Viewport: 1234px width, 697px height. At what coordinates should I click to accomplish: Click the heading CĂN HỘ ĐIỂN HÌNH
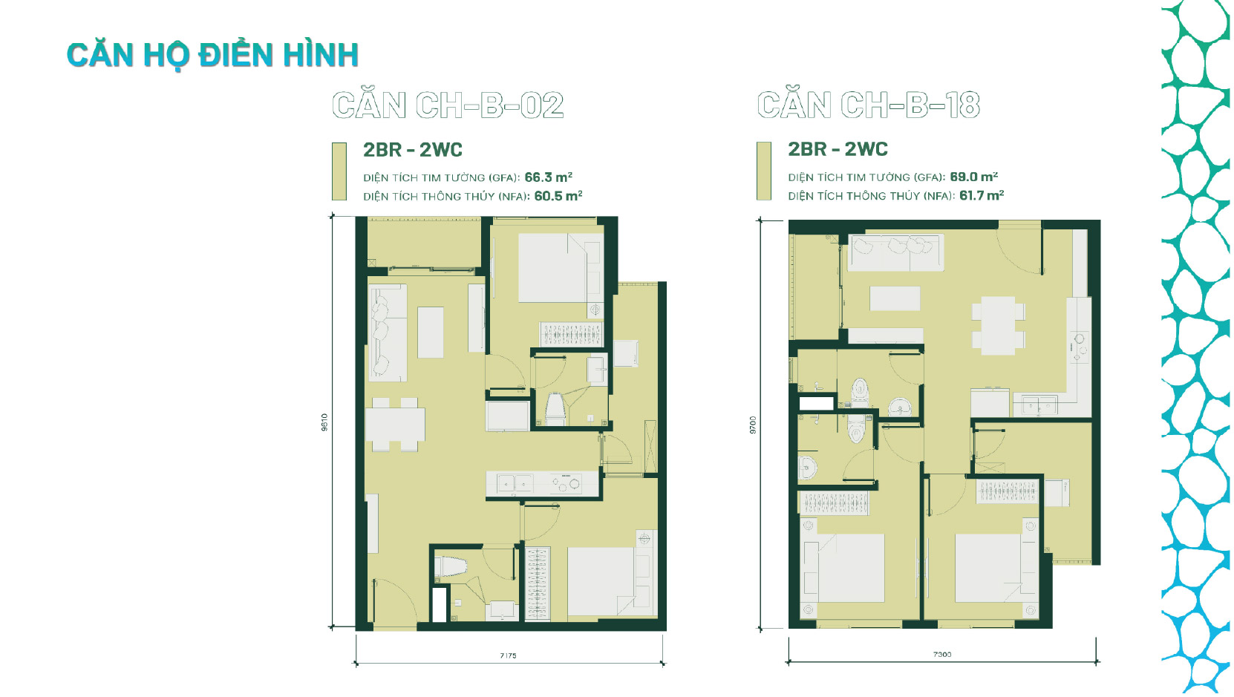coord(212,56)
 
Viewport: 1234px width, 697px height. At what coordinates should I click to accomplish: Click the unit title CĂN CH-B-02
coord(448,105)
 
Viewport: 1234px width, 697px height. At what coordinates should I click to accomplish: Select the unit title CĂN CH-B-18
coord(869,105)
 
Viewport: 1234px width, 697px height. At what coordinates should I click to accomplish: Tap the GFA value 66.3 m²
coord(548,177)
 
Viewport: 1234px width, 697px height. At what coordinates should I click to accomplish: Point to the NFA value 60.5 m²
coord(558,196)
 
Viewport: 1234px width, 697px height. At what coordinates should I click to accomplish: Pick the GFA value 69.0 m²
coord(973,177)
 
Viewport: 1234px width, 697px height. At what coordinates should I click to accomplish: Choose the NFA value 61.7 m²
coord(981,195)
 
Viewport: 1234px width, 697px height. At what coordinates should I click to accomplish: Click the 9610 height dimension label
coord(324,422)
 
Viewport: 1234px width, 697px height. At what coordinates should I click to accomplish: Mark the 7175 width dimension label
coord(508,655)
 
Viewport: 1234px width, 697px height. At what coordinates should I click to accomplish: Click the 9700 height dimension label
coord(753,425)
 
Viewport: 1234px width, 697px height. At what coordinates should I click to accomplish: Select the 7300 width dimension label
coord(942,655)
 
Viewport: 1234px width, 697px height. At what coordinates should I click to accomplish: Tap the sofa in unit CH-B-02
coord(388,333)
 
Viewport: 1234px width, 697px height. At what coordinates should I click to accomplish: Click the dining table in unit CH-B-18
coord(998,325)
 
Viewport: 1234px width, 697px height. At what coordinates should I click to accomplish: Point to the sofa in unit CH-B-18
coord(895,252)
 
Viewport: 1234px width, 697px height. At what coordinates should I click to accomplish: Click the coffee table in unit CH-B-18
coord(895,298)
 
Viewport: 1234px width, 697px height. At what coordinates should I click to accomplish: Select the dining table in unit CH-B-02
coord(395,425)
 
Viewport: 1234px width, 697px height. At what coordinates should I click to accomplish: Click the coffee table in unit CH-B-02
coord(430,333)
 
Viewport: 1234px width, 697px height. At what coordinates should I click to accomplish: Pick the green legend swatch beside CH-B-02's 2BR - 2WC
coord(339,171)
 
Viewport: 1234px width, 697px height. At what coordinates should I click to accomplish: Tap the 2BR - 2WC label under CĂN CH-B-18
coord(838,149)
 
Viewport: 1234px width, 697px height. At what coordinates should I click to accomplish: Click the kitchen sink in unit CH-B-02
coord(515,483)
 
